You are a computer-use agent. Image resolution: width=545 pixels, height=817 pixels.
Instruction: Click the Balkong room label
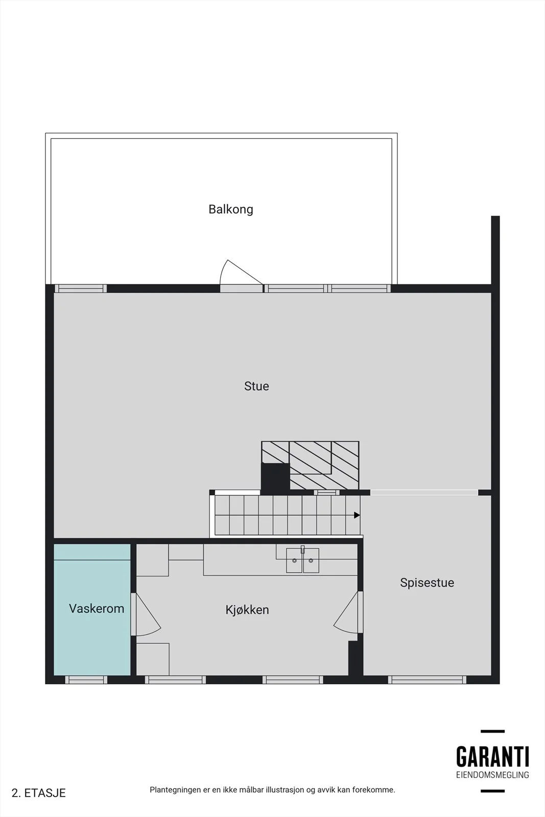[x=230, y=209]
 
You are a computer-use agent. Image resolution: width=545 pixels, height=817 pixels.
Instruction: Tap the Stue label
[x=256, y=386]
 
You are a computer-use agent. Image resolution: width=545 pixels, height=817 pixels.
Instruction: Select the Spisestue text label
[x=427, y=583]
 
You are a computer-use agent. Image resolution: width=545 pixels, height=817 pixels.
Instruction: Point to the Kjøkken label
[x=247, y=610]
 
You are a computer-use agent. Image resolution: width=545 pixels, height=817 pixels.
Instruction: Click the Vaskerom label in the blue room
[x=97, y=608]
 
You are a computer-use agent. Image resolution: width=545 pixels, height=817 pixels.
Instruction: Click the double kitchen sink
[x=302, y=560]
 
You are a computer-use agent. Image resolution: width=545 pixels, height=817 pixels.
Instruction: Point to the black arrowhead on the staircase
[x=357, y=515]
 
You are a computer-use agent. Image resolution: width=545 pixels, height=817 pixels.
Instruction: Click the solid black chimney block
[x=275, y=477]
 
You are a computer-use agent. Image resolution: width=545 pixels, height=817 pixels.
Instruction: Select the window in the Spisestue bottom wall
[x=427, y=680]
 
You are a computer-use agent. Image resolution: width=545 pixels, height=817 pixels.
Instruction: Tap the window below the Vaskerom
[x=86, y=680]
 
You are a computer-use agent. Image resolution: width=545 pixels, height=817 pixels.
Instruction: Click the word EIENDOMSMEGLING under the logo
[x=492, y=775]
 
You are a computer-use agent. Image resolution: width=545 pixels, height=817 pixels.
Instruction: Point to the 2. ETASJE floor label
[x=39, y=794]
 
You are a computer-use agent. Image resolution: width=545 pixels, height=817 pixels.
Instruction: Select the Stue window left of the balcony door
[x=81, y=289]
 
